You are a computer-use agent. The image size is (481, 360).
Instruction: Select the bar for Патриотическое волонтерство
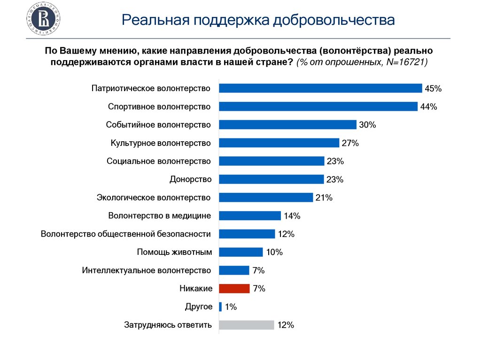[321, 88]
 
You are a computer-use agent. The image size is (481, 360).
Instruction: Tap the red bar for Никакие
[234, 289]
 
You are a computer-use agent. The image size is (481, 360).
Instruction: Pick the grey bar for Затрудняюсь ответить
[247, 325]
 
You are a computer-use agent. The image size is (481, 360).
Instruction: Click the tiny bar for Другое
[220, 307]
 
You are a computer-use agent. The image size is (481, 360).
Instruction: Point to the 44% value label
[428, 107]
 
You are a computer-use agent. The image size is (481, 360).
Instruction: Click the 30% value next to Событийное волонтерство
[368, 125]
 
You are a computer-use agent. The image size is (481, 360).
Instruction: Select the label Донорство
[190, 179]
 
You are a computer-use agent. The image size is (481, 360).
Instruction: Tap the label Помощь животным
[174, 252]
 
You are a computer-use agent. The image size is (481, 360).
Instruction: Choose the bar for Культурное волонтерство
[279, 143]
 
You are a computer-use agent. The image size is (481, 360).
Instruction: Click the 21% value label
[324, 198]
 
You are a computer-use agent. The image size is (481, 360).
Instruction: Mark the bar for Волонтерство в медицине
[250, 216]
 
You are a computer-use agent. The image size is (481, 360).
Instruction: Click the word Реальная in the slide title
[154, 21]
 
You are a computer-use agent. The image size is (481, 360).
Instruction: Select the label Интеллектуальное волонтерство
[147, 270]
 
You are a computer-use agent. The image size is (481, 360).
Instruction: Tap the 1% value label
[231, 307]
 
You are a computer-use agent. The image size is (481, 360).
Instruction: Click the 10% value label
[274, 253]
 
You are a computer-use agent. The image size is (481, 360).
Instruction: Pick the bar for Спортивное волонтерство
[318, 107]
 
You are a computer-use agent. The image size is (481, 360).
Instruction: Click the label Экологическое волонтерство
[154, 198]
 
